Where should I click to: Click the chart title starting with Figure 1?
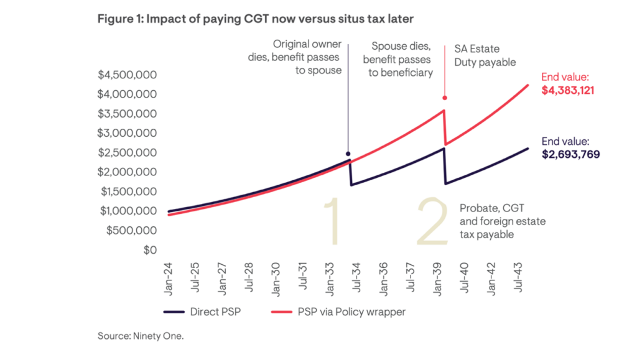coord(255,19)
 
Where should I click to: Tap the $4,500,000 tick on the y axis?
coord(127,75)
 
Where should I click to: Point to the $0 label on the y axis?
coord(149,250)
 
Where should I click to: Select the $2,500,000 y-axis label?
coord(127,153)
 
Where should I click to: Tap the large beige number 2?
coord(431,222)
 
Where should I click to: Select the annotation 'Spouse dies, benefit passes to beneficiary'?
coord(398,60)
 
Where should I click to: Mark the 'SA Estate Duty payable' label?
coord(481,55)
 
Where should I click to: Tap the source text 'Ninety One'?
coord(141,336)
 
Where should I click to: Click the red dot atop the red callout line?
coord(444,98)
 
